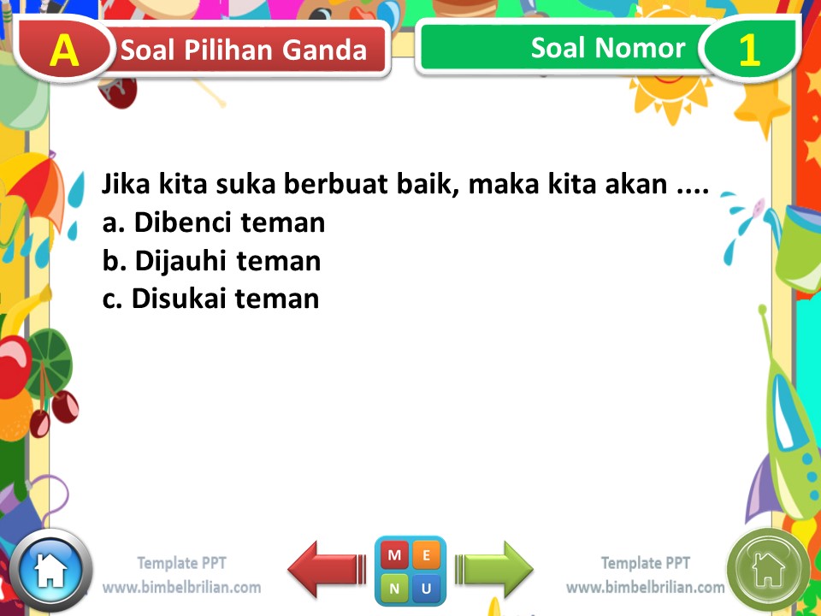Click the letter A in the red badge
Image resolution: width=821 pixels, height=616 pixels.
(64, 50)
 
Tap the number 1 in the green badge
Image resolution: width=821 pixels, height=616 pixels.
(748, 50)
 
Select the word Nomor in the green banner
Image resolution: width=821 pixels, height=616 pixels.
(647, 47)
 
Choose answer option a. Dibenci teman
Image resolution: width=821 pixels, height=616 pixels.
(214, 223)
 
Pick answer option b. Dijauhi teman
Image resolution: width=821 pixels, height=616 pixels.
(211, 261)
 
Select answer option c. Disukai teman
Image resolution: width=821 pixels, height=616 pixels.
(210, 299)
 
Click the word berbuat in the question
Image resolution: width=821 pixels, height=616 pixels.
(337, 185)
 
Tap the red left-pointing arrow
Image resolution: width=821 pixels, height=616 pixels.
(327, 569)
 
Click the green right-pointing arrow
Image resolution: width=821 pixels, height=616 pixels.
(494, 569)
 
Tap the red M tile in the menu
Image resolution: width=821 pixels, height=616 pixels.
(394, 555)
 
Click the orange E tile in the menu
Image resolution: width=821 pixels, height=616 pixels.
(427, 555)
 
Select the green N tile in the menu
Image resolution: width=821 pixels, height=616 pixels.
(394, 588)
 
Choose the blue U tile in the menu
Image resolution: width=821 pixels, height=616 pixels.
(427, 588)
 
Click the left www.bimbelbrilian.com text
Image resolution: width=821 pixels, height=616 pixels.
(181, 588)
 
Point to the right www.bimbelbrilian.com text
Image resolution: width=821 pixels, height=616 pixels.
(645, 588)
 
